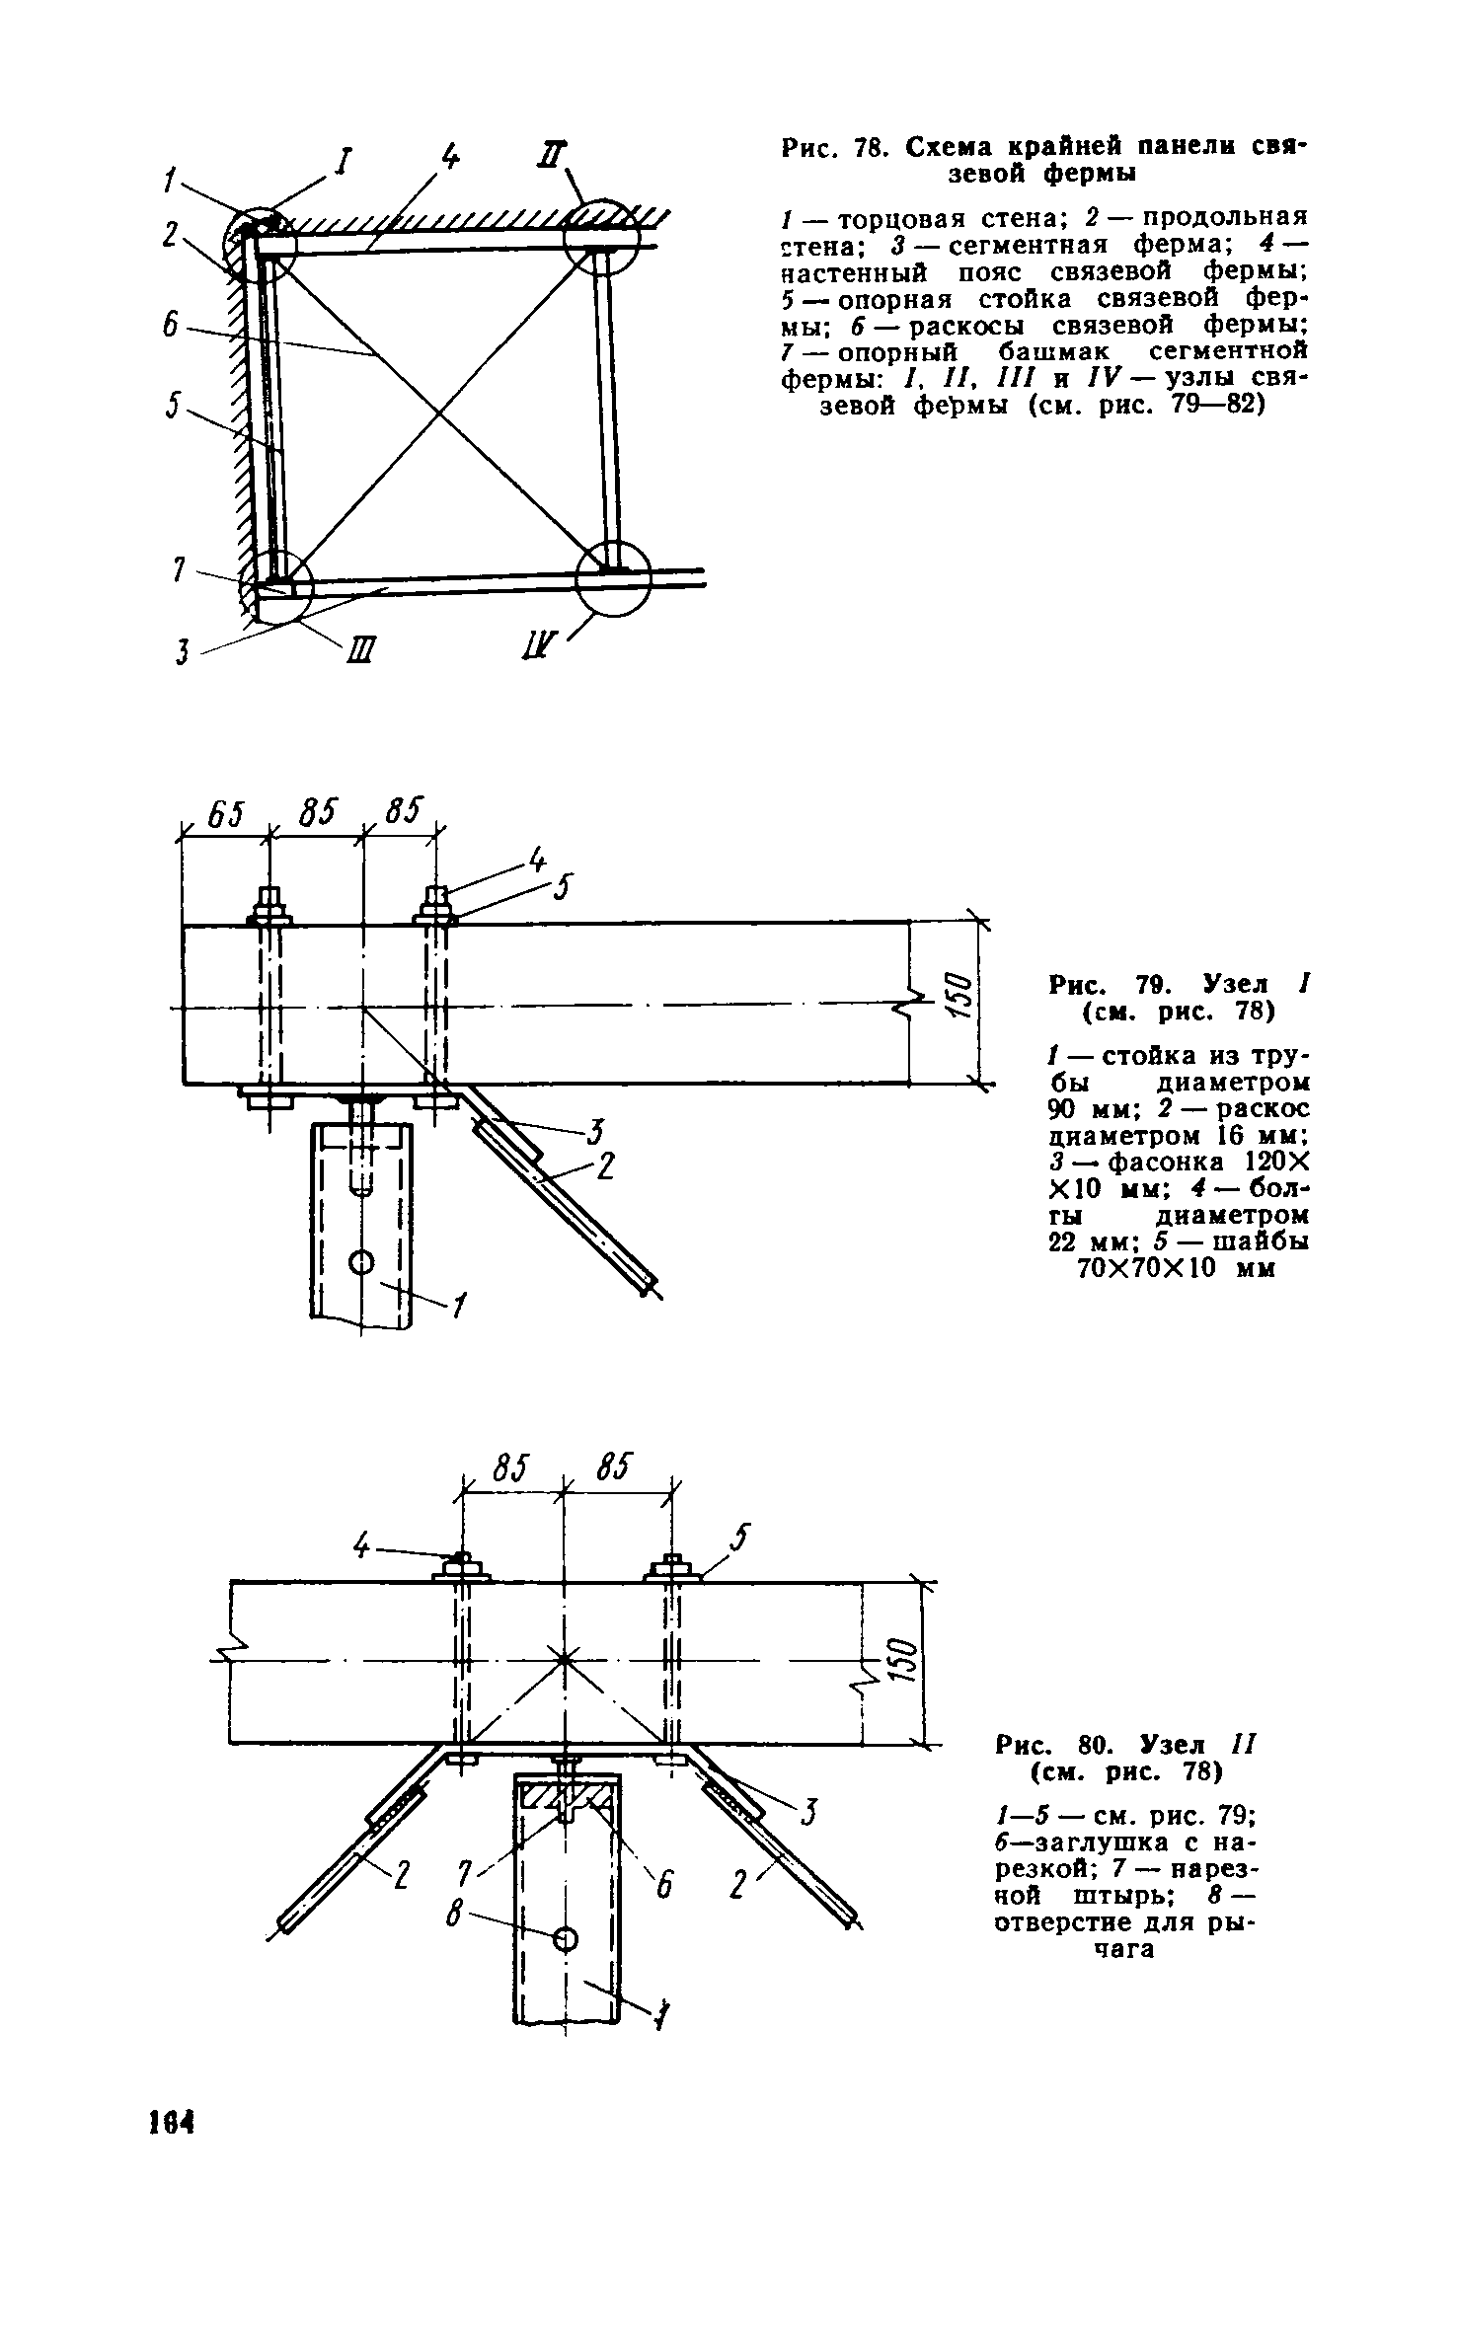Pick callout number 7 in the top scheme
click(x=179, y=570)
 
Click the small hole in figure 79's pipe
click(x=361, y=1261)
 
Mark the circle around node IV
click(x=614, y=578)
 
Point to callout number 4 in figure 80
click(x=363, y=1548)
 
